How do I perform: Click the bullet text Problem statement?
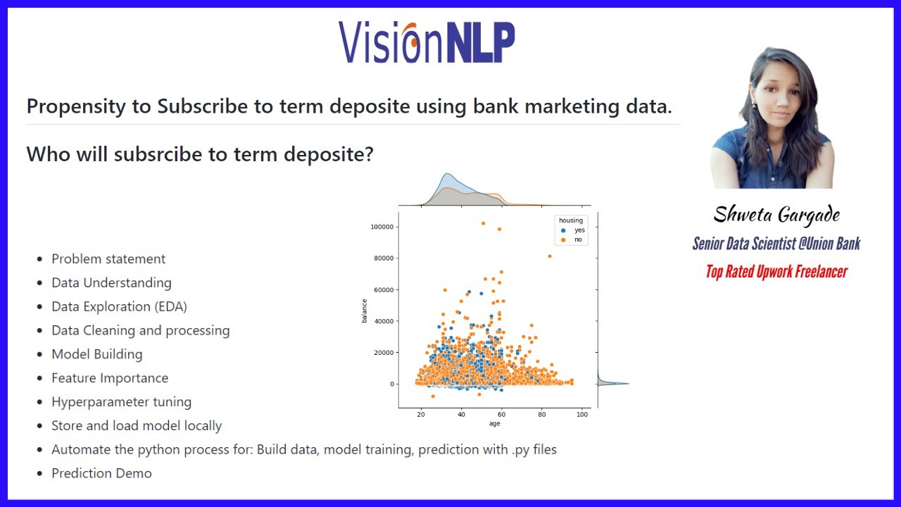(x=108, y=258)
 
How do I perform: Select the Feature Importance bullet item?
(x=110, y=378)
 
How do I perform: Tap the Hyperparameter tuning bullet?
(x=121, y=402)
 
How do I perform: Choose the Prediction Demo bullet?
(x=101, y=473)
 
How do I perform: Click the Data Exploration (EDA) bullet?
(x=119, y=306)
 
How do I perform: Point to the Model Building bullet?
(x=96, y=354)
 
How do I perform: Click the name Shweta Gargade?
(x=776, y=215)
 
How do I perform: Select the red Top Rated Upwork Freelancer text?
(x=776, y=272)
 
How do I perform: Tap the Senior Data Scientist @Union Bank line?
(x=776, y=244)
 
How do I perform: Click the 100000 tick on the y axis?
(x=380, y=227)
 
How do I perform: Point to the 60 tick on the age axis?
(x=502, y=415)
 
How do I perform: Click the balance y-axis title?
(x=365, y=311)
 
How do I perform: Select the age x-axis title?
(x=494, y=424)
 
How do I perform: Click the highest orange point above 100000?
(x=483, y=223)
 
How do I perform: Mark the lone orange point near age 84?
(x=549, y=256)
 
